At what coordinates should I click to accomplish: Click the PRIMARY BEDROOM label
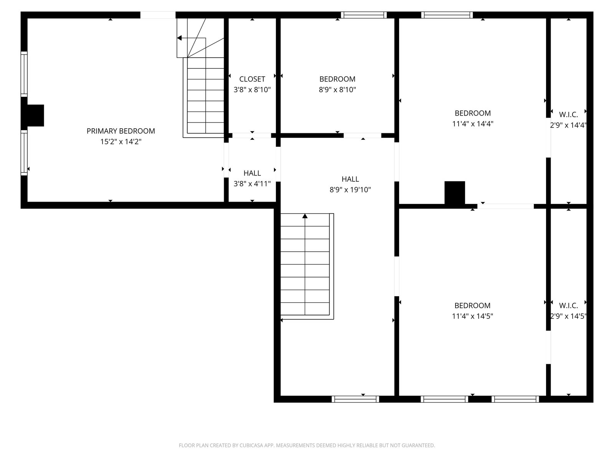click(x=120, y=131)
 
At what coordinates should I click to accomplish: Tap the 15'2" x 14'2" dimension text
click(x=121, y=142)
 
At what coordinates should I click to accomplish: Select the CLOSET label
click(x=252, y=79)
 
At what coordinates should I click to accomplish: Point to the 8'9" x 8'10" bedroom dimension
click(x=337, y=90)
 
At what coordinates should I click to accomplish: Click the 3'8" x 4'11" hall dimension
click(x=252, y=184)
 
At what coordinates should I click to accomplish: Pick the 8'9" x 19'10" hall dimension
click(x=350, y=190)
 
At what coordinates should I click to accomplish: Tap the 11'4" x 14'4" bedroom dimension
click(x=473, y=124)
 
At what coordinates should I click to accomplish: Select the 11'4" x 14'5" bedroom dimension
click(x=472, y=316)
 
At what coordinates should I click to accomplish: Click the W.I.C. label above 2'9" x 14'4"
click(x=568, y=114)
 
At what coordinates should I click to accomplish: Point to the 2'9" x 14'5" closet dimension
click(x=568, y=316)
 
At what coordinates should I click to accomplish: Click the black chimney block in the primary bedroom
click(x=36, y=115)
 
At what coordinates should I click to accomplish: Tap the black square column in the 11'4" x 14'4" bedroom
click(x=455, y=193)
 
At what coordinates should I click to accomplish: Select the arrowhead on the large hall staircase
click(x=305, y=216)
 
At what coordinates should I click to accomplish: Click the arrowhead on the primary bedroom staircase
click(x=179, y=38)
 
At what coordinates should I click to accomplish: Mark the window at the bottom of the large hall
click(x=355, y=399)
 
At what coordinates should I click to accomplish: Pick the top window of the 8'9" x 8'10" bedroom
click(x=364, y=15)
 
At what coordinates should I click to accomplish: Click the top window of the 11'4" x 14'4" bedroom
click(x=447, y=15)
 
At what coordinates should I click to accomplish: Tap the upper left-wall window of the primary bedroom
click(x=24, y=74)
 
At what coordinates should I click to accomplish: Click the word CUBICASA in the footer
click(x=251, y=445)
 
